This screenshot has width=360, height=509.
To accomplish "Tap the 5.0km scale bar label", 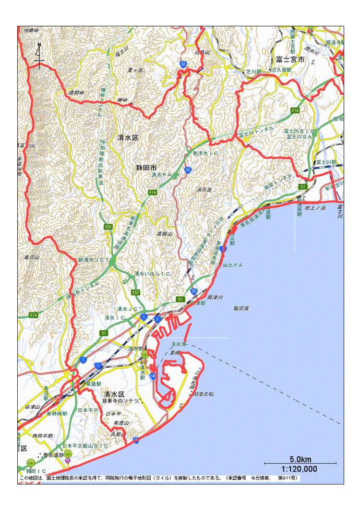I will point(300,459).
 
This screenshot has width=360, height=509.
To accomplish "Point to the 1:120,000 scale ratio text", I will point(299,468).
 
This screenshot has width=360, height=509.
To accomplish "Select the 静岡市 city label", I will point(146,168).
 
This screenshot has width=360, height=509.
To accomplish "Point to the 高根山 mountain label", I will point(164,234).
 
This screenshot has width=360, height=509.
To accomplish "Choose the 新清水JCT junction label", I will point(93,259).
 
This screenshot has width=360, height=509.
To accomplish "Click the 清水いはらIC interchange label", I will point(152,273).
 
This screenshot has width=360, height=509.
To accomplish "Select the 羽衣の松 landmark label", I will point(204,394).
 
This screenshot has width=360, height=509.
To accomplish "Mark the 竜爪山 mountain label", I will point(31,257).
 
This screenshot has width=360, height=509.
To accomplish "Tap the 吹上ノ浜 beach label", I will point(315,208).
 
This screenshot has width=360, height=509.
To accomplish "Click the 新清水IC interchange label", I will point(205,154).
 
